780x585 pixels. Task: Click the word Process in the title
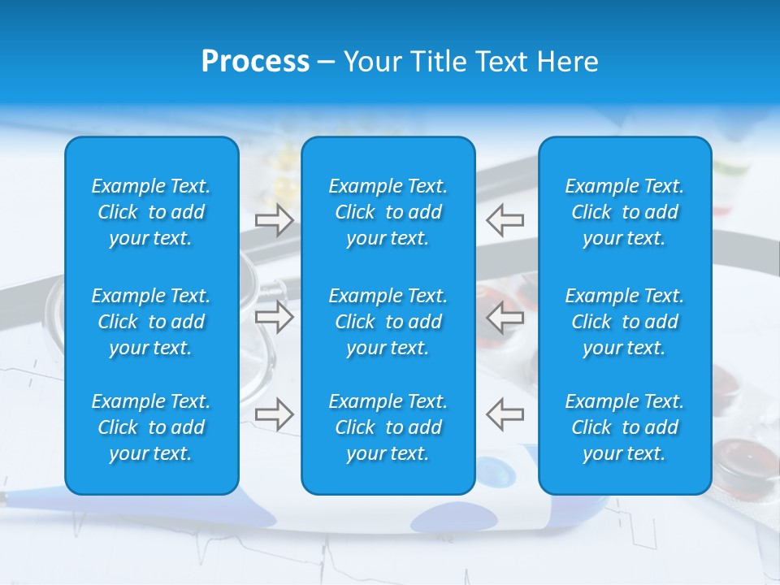click(x=255, y=62)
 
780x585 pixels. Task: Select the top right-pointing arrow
click(x=274, y=220)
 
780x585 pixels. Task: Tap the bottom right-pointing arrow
click(x=274, y=414)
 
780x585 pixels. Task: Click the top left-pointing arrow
click(x=505, y=220)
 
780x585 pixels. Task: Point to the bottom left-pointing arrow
click(x=505, y=414)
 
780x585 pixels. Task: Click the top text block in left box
click(x=151, y=212)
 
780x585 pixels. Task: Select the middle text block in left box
click(x=151, y=322)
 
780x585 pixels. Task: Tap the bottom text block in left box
click(x=151, y=427)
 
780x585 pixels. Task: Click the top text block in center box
click(x=388, y=212)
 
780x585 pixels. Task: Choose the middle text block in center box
click(x=388, y=322)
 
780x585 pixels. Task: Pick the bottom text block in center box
click(x=388, y=427)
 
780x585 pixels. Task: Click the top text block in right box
click(x=625, y=212)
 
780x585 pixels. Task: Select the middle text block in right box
click(x=625, y=322)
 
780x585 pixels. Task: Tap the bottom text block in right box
click(x=625, y=427)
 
